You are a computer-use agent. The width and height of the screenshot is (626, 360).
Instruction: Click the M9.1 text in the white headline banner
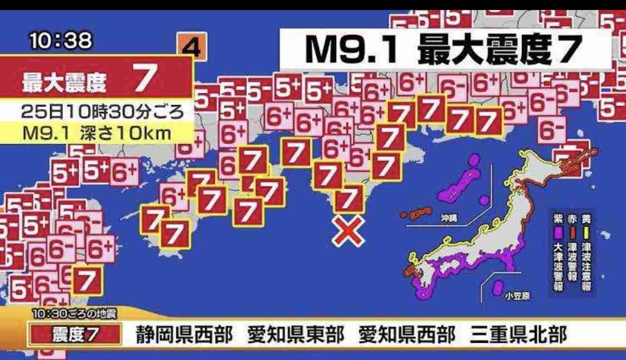[352, 51]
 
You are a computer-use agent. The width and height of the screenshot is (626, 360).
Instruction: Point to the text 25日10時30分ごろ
[102, 112]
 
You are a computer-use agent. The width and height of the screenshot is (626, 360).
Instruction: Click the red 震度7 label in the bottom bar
[75, 336]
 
